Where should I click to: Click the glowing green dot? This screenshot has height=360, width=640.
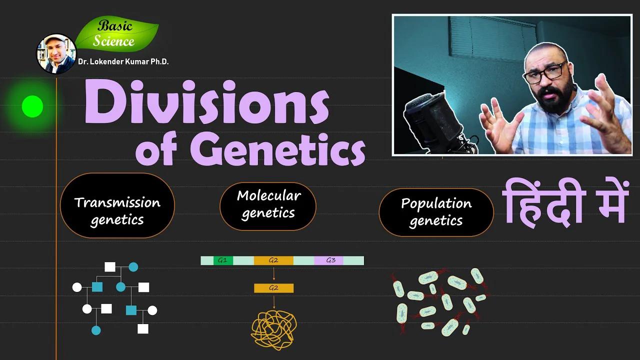(x=32, y=106)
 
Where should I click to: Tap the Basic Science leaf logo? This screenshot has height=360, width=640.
(x=116, y=34)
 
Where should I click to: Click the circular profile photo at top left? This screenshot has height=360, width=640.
(x=56, y=53)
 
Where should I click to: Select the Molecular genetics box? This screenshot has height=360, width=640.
(x=268, y=205)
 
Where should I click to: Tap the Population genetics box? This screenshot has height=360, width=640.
(x=436, y=212)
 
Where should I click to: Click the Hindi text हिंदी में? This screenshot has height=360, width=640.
(x=564, y=202)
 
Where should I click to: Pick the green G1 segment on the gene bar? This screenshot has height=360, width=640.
(x=223, y=260)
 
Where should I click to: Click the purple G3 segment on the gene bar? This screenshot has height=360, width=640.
(x=330, y=260)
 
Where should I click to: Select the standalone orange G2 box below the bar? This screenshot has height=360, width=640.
(x=273, y=288)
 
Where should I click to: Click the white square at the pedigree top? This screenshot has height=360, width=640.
(x=110, y=267)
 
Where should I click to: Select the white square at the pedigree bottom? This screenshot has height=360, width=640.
(x=143, y=328)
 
